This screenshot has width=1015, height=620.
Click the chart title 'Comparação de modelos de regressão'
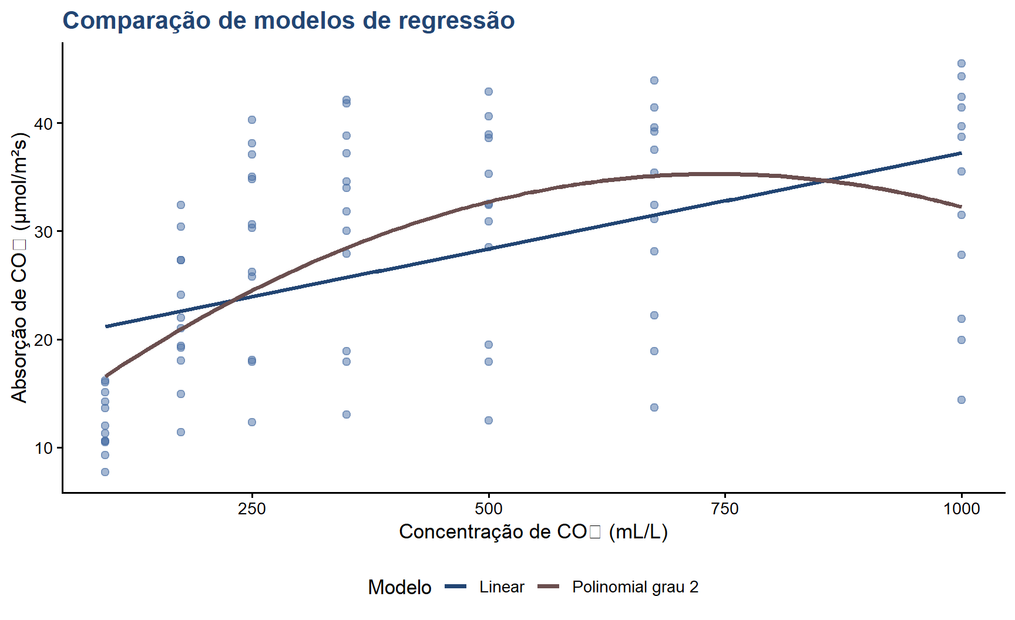coord(288,21)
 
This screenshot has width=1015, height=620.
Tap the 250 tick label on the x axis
coord(252,508)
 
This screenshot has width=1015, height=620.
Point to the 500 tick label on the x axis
coord(488,508)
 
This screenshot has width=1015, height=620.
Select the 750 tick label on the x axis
coord(725,508)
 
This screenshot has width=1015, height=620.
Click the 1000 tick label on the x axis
coord(962,508)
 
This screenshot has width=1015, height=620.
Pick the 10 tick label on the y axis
coord(44,448)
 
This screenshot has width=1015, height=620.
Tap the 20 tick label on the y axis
coord(44,340)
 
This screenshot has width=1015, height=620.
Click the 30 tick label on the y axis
coord(44,232)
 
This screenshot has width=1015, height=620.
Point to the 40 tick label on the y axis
coord(44,124)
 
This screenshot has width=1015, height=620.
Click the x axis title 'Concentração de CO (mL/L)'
coord(533,531)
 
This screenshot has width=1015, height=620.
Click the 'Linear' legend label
coord(502,587)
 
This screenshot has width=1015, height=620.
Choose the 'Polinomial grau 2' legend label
coord(636,587)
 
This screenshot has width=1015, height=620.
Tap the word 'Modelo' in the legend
coord(399,587)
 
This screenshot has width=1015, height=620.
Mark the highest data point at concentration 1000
coord(962,63)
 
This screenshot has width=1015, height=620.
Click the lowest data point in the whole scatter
coord(105,472)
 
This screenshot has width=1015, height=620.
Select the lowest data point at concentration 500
coord(488,420)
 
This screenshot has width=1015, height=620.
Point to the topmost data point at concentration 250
coord(252,120)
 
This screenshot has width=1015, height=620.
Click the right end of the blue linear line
coord(961,153)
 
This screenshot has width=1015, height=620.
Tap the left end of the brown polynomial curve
coord(106,376)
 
